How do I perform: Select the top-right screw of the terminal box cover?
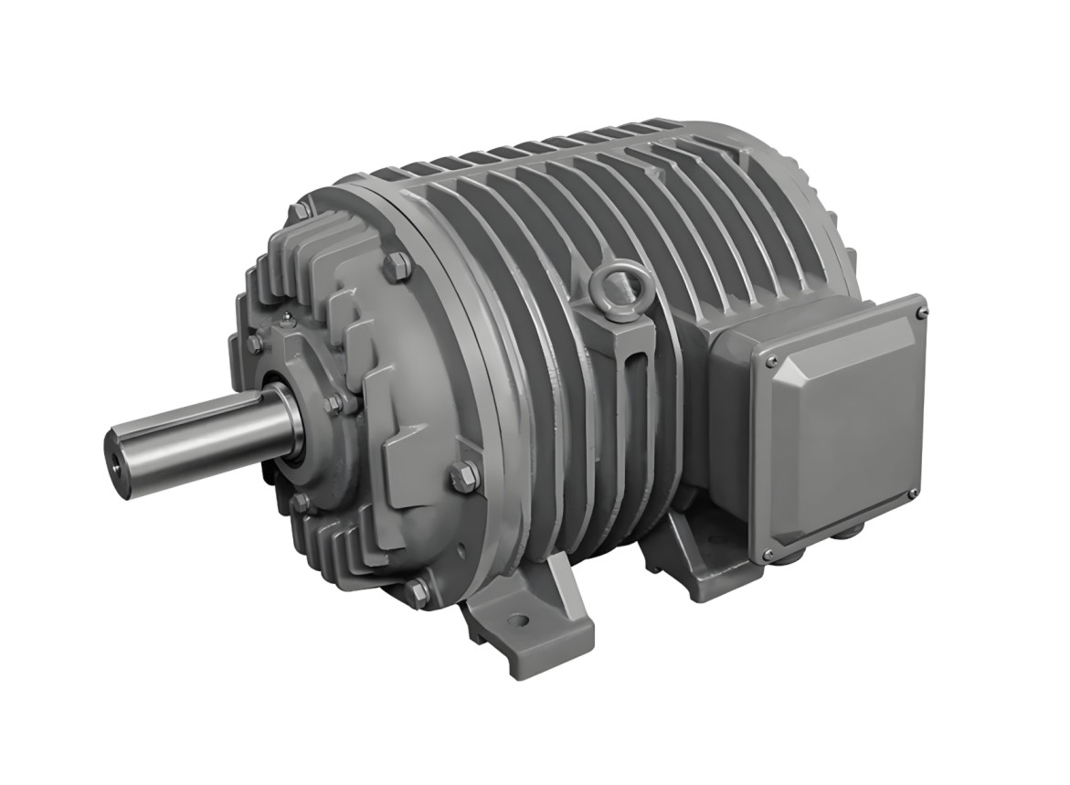click(920, 312)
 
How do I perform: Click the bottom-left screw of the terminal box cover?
click(767, 554)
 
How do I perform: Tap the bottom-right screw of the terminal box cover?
click(912, 494)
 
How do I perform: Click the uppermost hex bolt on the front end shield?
click(396, 267)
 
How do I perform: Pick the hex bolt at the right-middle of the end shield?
click(463, 474)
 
